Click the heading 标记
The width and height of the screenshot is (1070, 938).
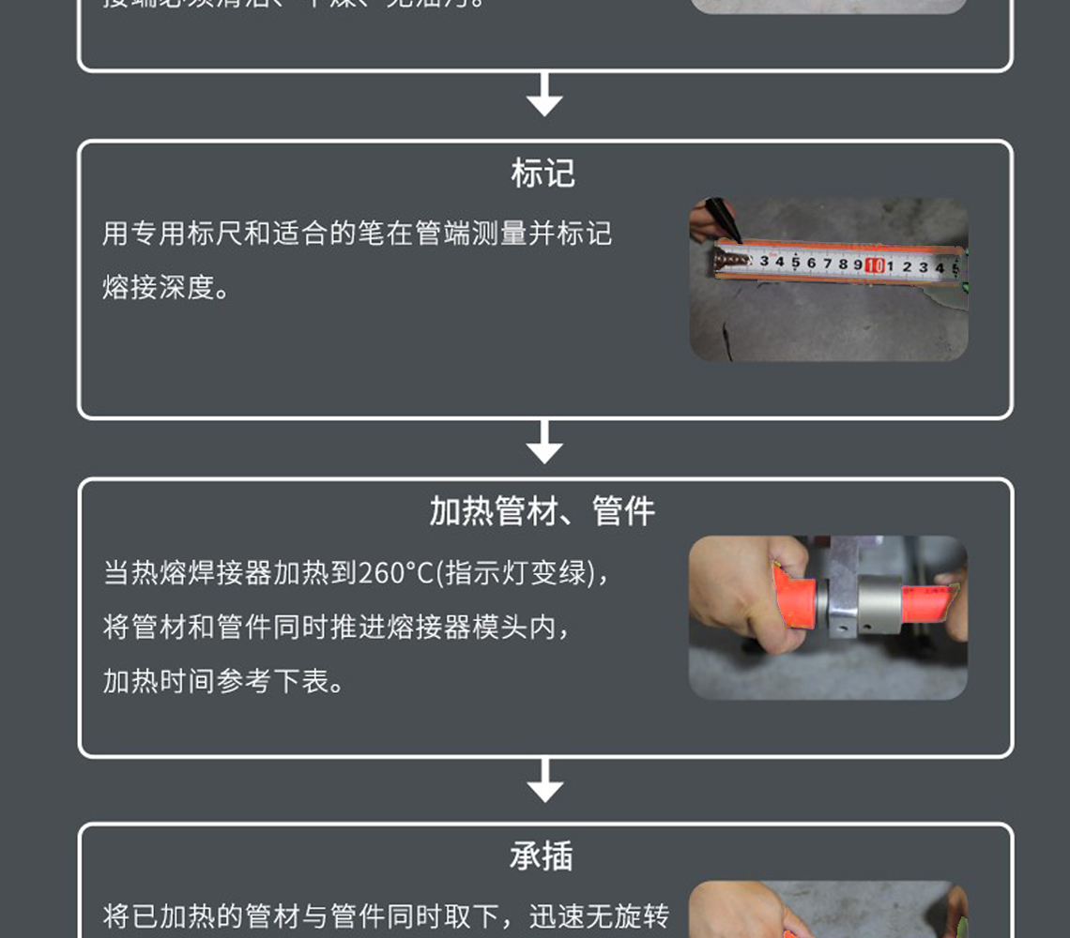point(543,174)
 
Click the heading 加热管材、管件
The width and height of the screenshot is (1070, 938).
point(543,511)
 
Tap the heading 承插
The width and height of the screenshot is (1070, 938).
point(542,856)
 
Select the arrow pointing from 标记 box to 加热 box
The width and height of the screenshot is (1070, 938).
point(544,442)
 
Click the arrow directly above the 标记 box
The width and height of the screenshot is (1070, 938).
point(544,95)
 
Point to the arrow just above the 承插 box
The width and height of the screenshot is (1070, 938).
point(544,780)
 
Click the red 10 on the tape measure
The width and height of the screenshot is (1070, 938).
point(875,265)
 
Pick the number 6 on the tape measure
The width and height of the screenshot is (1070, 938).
point(812,264)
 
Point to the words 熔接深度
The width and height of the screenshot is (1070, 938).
point(159,288)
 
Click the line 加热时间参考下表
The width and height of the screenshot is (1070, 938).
point(223,682)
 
